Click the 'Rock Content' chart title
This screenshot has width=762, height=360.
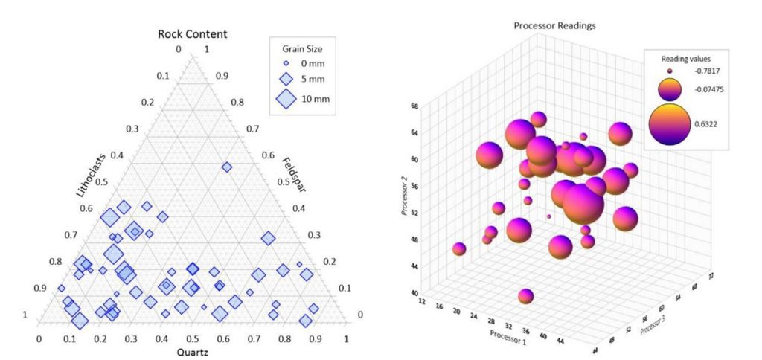[x=192, y=34]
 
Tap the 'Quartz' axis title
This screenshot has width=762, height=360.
[x=192, y=352]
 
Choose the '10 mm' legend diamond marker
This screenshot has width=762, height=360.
[x=286, y=98]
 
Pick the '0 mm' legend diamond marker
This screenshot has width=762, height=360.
[x=286, y=64]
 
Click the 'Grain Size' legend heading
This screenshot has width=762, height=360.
[x=302, y=49]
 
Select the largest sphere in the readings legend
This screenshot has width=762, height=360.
[x=670, y=123]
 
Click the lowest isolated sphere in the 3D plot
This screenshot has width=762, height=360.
[x=526, y=297]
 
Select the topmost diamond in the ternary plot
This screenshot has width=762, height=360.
[x=227, y=167]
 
